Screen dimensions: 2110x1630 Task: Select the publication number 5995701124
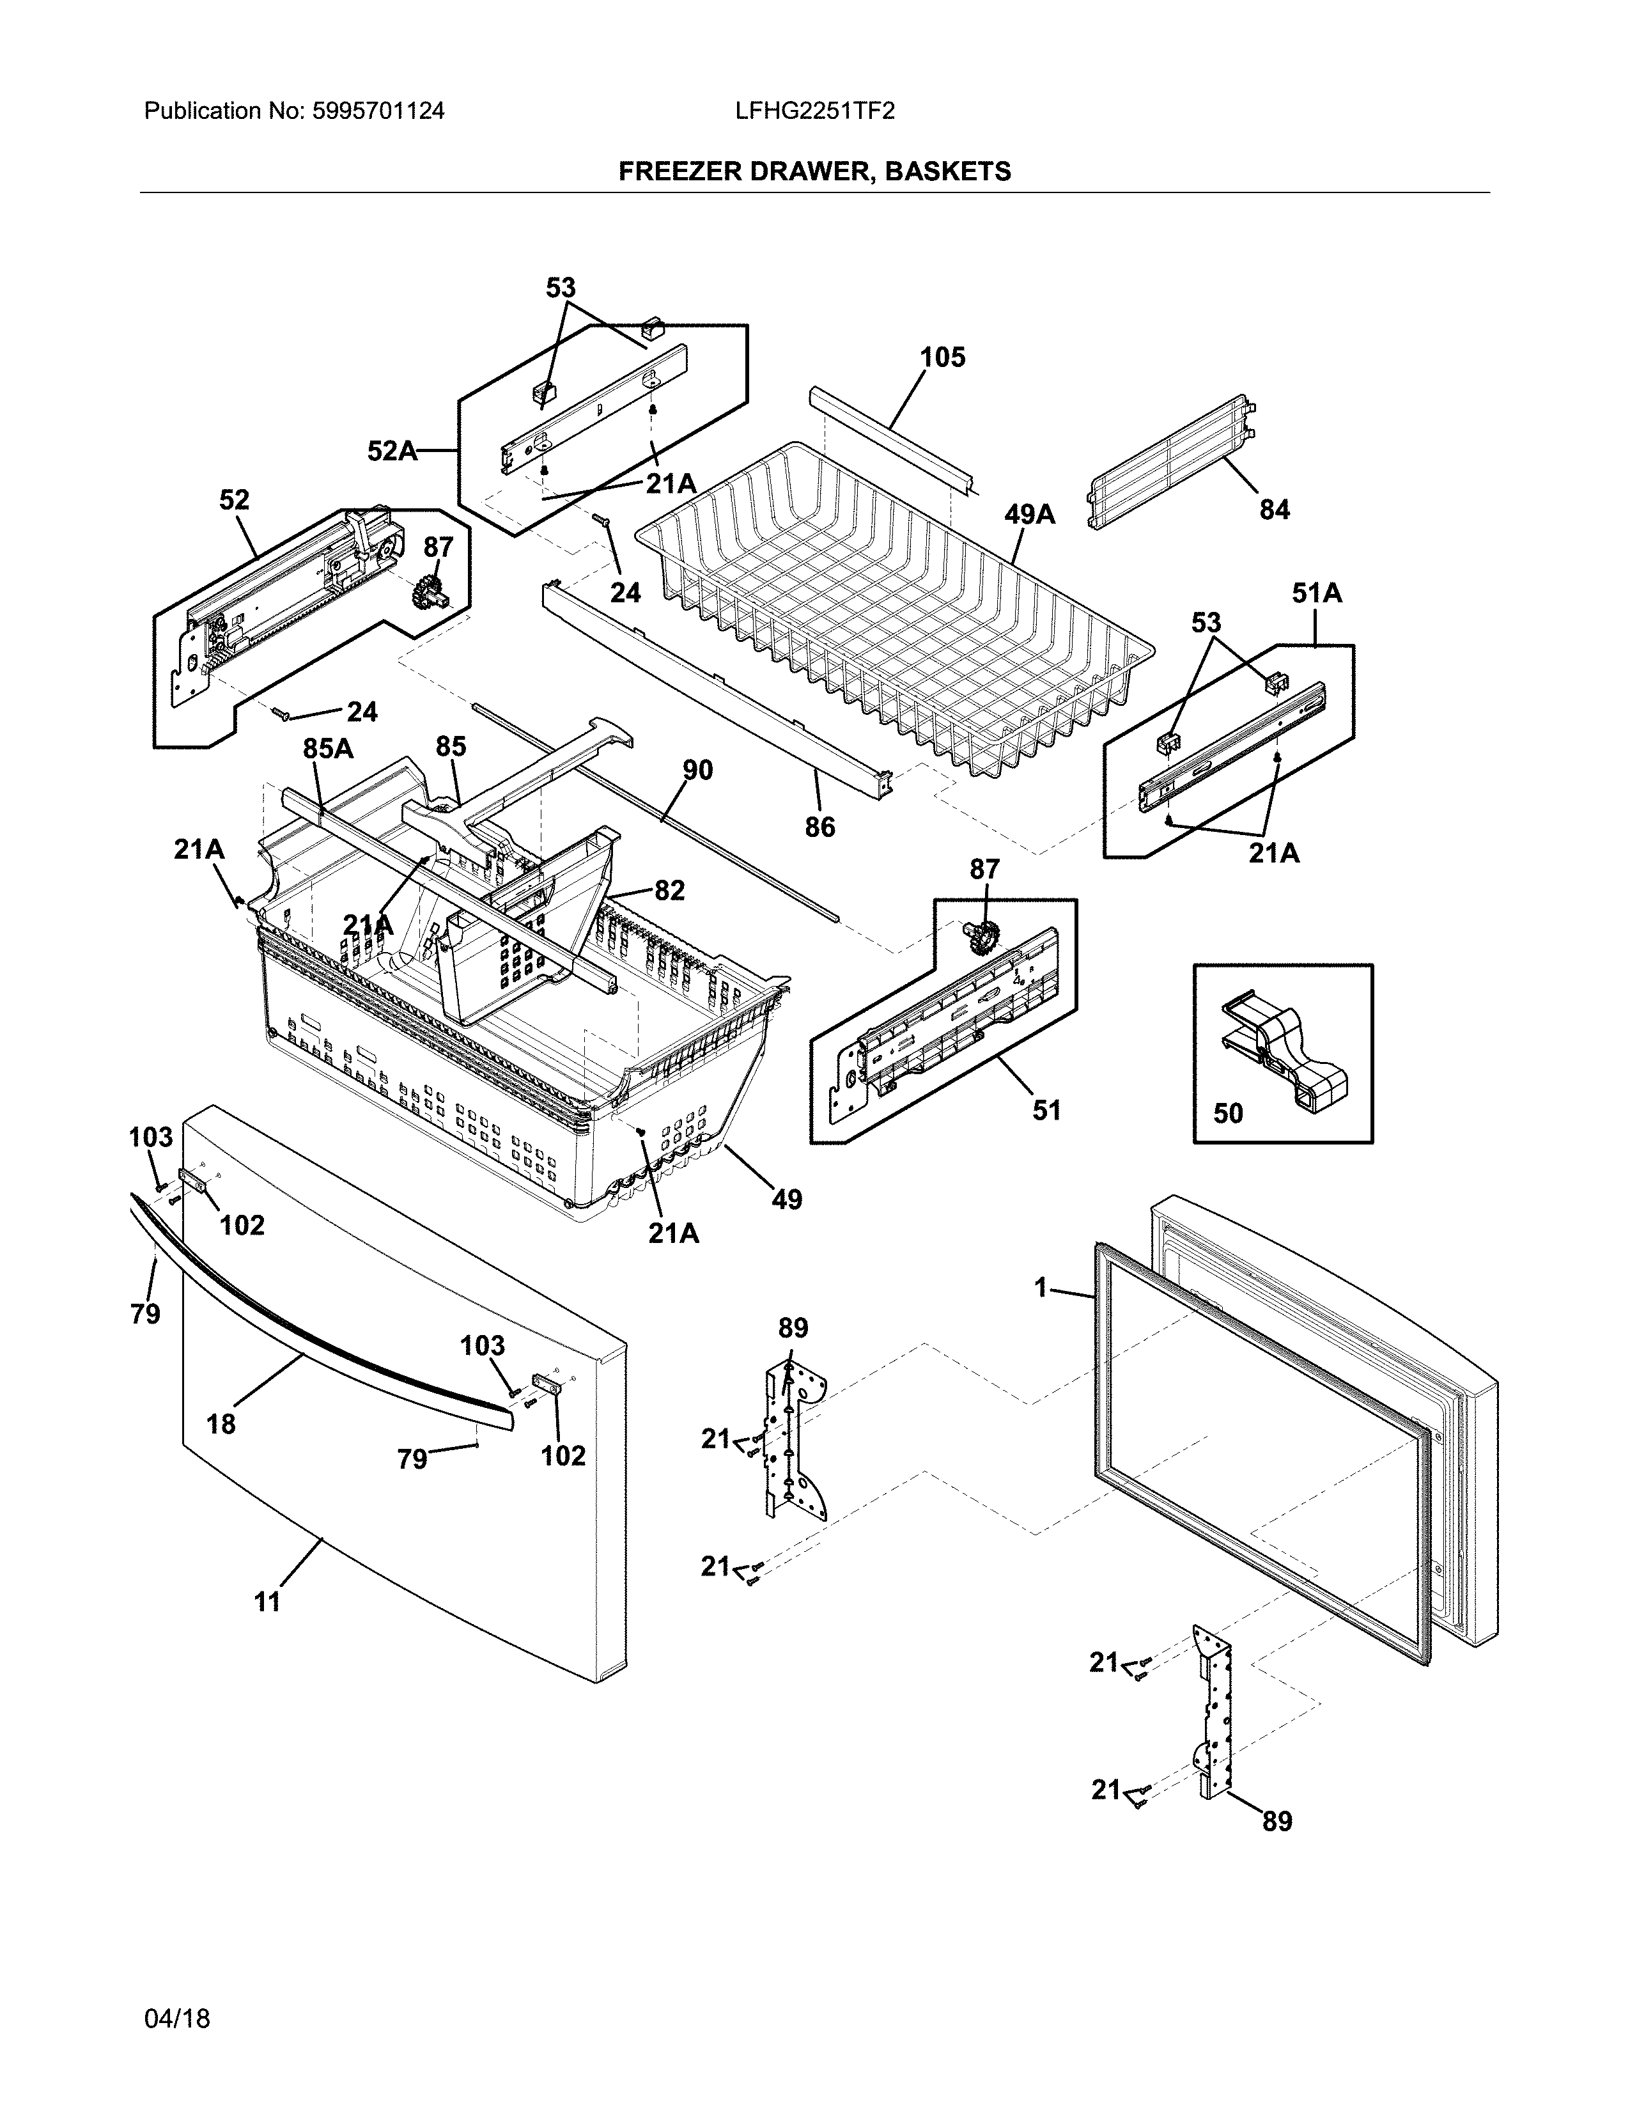point(378,111)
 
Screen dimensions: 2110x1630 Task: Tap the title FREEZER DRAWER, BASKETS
point(814,172)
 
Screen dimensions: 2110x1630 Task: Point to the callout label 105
point(942,357)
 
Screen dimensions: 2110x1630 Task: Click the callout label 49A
point(1029,515)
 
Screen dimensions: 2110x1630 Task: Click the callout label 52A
point(391,450)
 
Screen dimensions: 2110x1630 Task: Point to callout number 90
point(697,770)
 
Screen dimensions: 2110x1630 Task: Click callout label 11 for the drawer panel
point(267,1601)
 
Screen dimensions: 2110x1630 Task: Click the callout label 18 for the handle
point(221,1423)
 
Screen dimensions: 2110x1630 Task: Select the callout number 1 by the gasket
point(1040,1288)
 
